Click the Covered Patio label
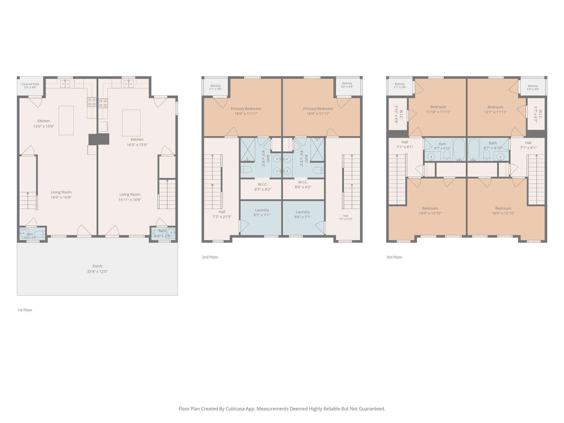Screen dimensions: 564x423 pyautogui.click(x=30, y=86)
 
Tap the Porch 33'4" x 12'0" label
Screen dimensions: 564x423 pyautogui.click(x=97, y=269)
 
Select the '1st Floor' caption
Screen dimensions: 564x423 pyautogui.click(x=25, y=310)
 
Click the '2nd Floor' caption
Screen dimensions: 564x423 pyautogui.click(x=210, y=257)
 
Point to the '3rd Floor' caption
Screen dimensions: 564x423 pyautogui.click(x=394, y=257)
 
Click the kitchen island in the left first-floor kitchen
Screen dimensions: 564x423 pyautogui.click(x=66, y=120)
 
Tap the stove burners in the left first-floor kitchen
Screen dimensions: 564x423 pyautogui.click(x=92, y=102)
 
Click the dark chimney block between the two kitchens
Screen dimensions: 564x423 pyautogui.click(x=99, y=139)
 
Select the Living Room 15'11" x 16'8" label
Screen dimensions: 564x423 pyautogui.click(x=130, y=197)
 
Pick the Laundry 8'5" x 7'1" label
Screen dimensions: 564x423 pyautogui.click(x=262, y=212)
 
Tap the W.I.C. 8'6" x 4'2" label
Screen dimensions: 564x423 pyautogui.click(x=303, y=185)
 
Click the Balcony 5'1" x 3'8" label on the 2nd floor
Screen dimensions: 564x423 pyautogui.click(x=215, y=87)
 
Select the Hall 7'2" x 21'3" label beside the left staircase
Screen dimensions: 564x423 pyautogui.click(x=222, y=214)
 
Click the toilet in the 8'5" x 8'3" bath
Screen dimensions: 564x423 pyautogui.click(x=246, y=169)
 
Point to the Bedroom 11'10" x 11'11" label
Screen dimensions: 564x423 pyautogui.click(x=438, y=109)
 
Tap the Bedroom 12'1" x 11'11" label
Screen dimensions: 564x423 pyautogui.click(x=495, y=109)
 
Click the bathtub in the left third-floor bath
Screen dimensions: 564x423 pyautogui.click(x=459, y=150)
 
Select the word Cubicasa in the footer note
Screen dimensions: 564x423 pyautogui.click(x=236, y=409)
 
